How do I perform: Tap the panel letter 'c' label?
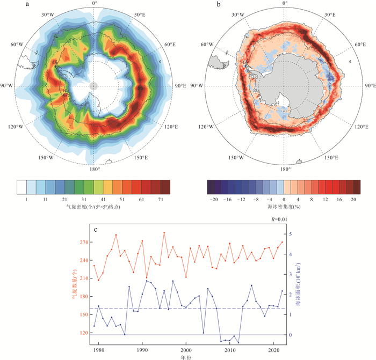[x=96, y=231]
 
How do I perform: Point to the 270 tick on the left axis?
[x=83, y=242]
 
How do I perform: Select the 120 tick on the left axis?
[x=83, y=333]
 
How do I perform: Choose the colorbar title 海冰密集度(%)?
[x=283, y=207]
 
